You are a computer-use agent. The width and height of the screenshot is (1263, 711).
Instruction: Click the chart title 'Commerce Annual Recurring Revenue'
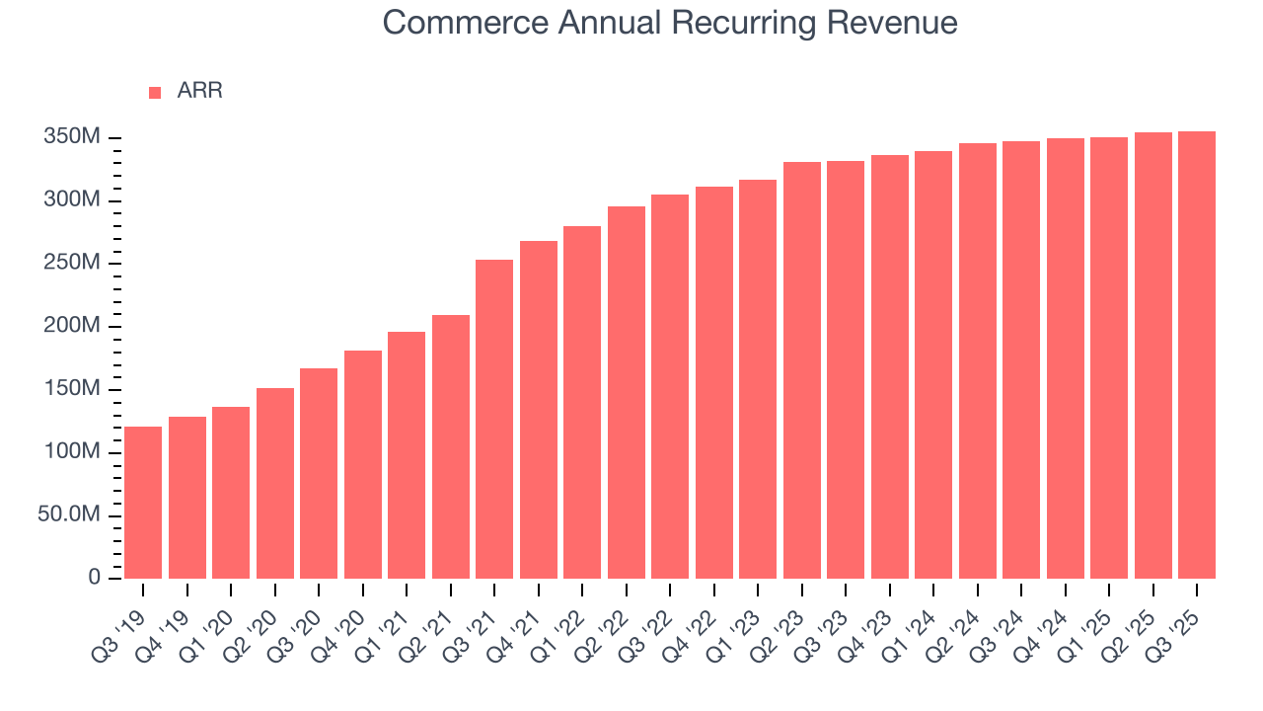[670, 22]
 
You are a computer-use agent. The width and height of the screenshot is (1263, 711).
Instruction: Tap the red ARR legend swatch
[155, 93]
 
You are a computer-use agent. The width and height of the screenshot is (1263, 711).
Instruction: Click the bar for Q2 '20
[275, 483]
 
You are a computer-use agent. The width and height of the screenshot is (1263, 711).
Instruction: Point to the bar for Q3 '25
[1197, 355]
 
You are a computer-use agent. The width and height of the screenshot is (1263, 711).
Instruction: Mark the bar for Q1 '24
[933, 364]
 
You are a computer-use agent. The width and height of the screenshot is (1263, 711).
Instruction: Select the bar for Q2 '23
[802, 370]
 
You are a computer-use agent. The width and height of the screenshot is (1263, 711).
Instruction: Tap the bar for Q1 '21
[407, 454]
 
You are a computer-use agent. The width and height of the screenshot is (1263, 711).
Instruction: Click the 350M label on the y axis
[72, 137]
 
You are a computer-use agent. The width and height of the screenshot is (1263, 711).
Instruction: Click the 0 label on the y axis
[95, 578]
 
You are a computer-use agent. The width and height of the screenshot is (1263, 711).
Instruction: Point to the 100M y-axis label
[72, 452]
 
